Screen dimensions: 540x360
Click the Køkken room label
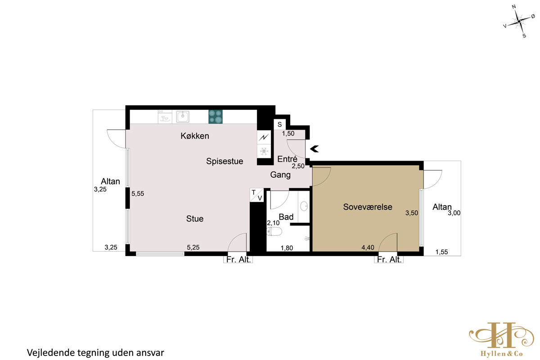pyautogui.click(x=195, y=136)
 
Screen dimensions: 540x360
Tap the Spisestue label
pyautogui.click(x=225, y=161)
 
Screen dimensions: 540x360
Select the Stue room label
pyautogui.click(x=195, y=219)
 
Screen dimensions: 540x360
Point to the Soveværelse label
pyautogui.click(x=368, y=207)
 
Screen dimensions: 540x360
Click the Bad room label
pyautogui.click(x=286, y=217)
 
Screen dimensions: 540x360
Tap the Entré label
pyautogui.click(x=287, y=159)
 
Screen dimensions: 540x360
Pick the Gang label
pyautogui.click(x=280, y=175)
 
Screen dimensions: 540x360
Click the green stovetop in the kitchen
pyautogui.click(x=216, y=117)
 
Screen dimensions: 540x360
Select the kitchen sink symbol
pyautogui.click(x=183, y=117)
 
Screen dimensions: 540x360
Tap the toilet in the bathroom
pyautogui.click(x=274, y=232)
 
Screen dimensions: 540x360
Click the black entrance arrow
pyautogui.click(x=315, y=149)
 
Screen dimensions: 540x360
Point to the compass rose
pyautogui.click(x=519, y=22)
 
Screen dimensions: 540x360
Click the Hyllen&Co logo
pyautogui.click(x=501, y=339)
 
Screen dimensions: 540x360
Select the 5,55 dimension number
pyautogui.click(x=138, y=193)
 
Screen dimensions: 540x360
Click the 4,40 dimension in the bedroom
pyautogui.click(x=368, y=247)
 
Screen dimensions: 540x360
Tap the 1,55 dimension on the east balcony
pyautogui.click(x=441, y=252)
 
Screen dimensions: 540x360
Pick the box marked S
pyautogui.click(x=279, y=124)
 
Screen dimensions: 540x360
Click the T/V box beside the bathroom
pyautogui.click(x=257, y=195)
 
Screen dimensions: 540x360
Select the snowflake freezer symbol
pyautogui.click(x=264, y=151)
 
